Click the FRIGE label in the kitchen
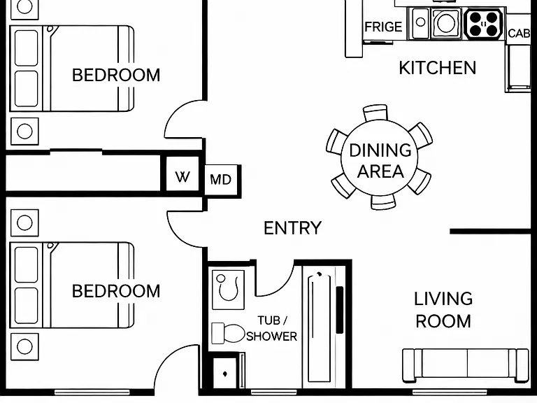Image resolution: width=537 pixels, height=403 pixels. click(x=383, y=27)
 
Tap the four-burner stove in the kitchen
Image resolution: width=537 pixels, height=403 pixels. click(x=484, y=24)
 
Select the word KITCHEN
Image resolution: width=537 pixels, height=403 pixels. click(x=438, y=68)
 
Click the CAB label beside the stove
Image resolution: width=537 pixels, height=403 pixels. click(x=520, y=34)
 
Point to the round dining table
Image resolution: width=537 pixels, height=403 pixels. click(x=380, y=157)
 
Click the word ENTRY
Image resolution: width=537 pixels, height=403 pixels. click(x=293, y=228)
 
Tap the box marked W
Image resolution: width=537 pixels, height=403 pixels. click(x=182, y=177)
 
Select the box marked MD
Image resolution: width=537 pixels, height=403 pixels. click(x=221, y=180)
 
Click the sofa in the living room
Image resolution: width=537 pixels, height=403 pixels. click(x=465, y=365)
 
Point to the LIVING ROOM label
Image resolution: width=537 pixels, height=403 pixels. click(x=443, y=310)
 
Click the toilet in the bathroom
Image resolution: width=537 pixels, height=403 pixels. click(x=227, y=333)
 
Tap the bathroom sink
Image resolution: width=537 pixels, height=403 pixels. click(x=228, y=290)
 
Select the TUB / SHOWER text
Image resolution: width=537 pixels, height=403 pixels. click(x=272, y=329)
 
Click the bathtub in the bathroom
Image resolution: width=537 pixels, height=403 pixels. click(x=319, y=327)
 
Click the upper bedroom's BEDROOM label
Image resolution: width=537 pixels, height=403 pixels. click(x=116, y=76)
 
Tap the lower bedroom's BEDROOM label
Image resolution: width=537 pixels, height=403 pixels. click(x=116, y=291)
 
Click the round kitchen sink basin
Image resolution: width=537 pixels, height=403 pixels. click(x=446, y=22)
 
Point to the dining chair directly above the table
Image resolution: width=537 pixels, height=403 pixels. click(x=375, y=113)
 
